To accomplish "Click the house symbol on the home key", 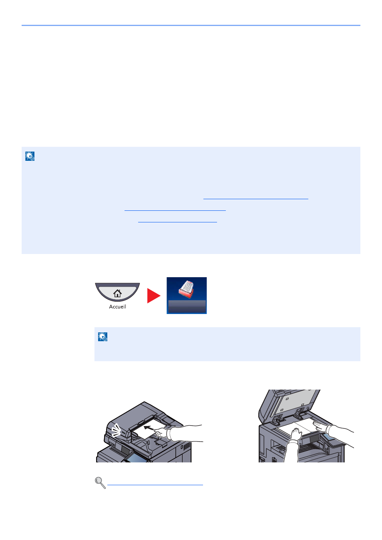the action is (117, 293).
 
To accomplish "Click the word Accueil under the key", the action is (117, 307).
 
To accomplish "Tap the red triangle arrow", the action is (154, 296).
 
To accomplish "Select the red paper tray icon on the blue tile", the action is (186, 289).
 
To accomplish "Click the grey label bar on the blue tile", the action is (187, 306).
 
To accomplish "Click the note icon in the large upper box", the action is (30, 156).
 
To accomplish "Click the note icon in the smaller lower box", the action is (103, 337).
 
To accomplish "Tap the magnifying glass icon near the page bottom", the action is (100, 483).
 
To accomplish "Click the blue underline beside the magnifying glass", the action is (155, 484).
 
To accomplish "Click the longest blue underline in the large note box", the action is (256, 199).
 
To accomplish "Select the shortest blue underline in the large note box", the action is (178, 222).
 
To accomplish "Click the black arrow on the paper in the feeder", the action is (149, 428).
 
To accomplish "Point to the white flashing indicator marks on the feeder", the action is (117, 430).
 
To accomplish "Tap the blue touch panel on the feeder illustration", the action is (136, 458).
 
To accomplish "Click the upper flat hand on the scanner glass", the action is (333, 429).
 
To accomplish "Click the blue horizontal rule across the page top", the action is (191, 25).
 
